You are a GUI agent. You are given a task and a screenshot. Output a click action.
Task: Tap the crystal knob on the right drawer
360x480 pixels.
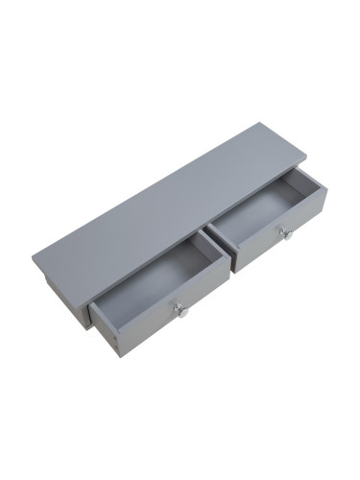(x=284, y=232)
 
